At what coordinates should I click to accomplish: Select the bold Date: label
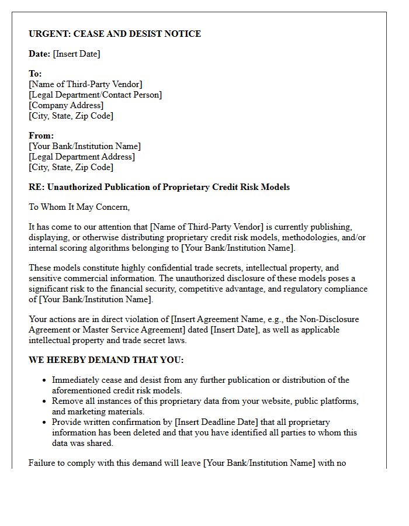(x=40, y=54)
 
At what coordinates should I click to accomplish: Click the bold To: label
(x=35, y=74)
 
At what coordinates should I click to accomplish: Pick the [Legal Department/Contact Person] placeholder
(x=95, y=95)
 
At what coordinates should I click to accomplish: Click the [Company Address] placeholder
(x=66, y=105)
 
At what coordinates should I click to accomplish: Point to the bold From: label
(x=41, y=136)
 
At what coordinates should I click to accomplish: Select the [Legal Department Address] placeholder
(x=82, y=157)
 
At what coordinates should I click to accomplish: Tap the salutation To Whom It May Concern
(x=79, y=207)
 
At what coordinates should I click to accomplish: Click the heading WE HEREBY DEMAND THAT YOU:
(x=106, y=360)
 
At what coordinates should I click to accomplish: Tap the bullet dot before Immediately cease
(x=44, y=380)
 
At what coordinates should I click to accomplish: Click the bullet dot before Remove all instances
(x=44, y=402)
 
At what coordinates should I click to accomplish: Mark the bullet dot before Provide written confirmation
(x=44, y=423)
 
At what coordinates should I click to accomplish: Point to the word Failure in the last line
(x=43, y=463)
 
